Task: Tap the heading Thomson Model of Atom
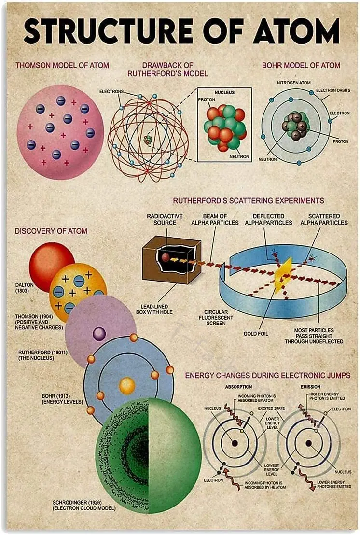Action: [x=62, y=65]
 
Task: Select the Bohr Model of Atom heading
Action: [x=301, y=65]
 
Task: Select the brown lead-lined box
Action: [x=171, y=261]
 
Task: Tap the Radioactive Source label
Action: [x=165, y=219]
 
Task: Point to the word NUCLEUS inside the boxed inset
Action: [x=224, y=92]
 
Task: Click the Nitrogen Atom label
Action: [x=293, y=83]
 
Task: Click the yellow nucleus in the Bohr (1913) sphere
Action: [x=127, y=385]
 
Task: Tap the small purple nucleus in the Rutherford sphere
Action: [x=99, y=333]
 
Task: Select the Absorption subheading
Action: [x=239, y=387]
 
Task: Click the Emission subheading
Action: [x=310, y=387]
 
